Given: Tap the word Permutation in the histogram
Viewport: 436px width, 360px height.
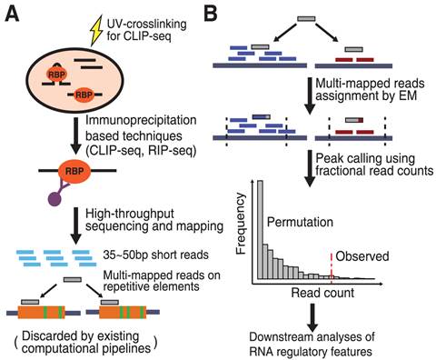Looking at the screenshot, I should click(x=303, y=219).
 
